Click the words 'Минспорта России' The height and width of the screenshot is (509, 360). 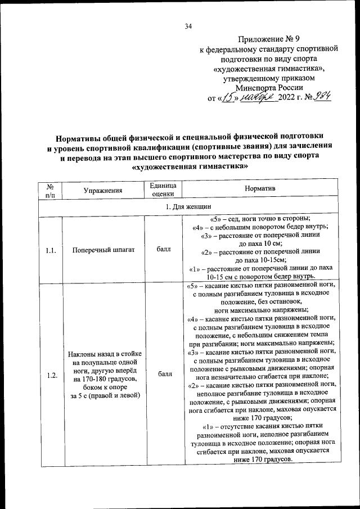269,87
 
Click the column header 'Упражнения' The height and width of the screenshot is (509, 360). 103,190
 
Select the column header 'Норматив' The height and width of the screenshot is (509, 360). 260,190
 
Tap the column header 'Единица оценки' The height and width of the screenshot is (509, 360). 164,190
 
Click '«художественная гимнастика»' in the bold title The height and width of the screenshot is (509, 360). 188,168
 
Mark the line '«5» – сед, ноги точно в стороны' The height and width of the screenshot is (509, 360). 260,219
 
